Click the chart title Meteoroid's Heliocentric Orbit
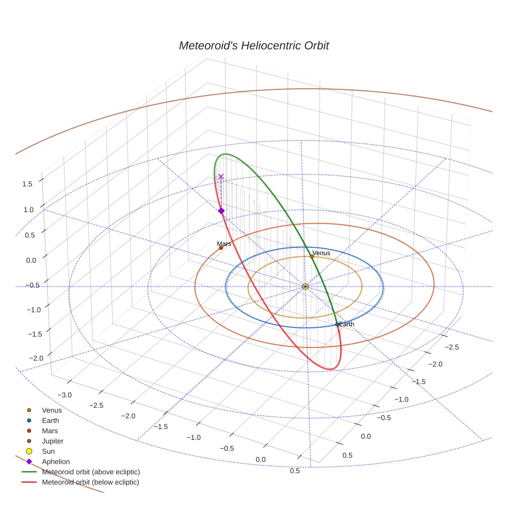(253, 45)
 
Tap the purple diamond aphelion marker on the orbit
(221, 211)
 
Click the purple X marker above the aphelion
(221, 177)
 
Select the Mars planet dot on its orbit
(221, 248)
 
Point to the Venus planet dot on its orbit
(312, 257)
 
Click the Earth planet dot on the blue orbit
(337, 324)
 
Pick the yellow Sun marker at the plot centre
(305, 286)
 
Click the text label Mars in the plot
(224, 244)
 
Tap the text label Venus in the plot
(321, 253)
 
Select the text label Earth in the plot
(346, 324)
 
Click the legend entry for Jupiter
(53, 441)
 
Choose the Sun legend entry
(48, 451)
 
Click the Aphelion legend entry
(56, 462)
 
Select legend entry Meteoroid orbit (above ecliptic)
(91, 472)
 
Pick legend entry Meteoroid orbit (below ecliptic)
(90, 482)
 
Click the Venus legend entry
(52, 410)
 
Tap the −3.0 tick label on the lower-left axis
(65, 394)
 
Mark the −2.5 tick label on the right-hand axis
(451, 347)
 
